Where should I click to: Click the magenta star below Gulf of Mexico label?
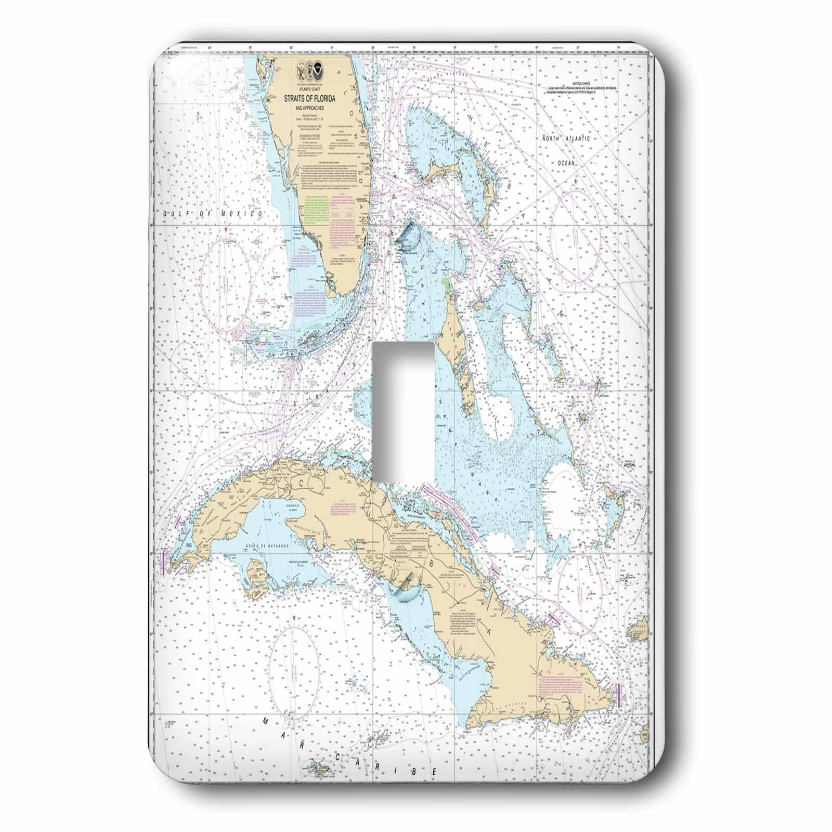click(226, 229)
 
